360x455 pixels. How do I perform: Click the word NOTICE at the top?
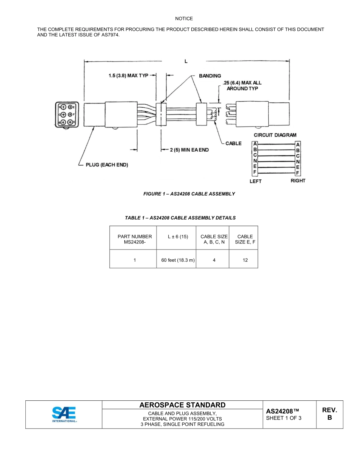click(x=184, y=19)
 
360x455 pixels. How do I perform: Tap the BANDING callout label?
click(x=210, y=76)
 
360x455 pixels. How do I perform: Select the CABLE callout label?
click(x=233, y=143)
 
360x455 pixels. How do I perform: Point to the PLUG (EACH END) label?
click(x=107, y=165)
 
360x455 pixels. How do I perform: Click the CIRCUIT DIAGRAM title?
click(x=275, y=135)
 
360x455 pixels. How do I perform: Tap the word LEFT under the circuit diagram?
click(x=255, y=181)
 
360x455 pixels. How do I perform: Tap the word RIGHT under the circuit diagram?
click(x=298, y=180)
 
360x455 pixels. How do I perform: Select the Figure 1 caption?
click(x=189, y=194)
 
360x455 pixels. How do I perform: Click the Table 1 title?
click(x=180, y=218)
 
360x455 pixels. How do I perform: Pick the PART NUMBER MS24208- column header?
click(x=135, y=239)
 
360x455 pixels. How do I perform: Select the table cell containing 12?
click(x=245, y=260)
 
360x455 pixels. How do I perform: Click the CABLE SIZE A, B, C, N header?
click(x=214, y=239)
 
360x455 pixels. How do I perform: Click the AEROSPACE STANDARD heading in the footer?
click(x=182, y=405)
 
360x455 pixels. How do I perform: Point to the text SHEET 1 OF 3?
click(x=284, y=418)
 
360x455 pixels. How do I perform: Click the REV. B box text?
click(x=329, y=414)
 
